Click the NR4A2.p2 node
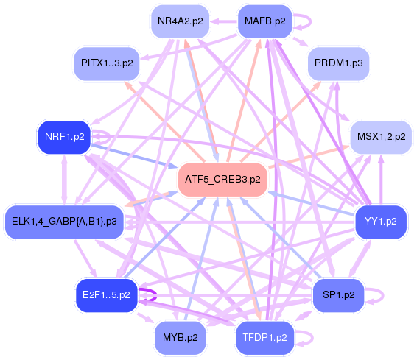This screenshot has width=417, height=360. pyautogui.click(x=180, y=21)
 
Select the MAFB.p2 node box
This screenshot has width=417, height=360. pyautogui.click(x=264, y=21)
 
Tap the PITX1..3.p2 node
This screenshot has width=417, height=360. pyautogui.click(x=104, y=63)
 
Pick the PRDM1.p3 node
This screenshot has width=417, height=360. pyautogui.click(x=338, y=63)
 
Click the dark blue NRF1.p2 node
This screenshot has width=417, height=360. pyautogui.click(x=64, y=137)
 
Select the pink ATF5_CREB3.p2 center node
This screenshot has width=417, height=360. pyautogui.click(x=222, y=179)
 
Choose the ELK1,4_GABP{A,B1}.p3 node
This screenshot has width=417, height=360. pyautogui.click(x=64, y=220)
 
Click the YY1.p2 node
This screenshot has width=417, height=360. pyautogui.click(x=380, y=220)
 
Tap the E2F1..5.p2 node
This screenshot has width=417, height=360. pyautogui.click(x=106, y=295)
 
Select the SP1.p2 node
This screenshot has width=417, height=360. pyautogui.click(x=338, y=295)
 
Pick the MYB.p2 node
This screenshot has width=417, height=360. pyautogui.click(x=180, y=338)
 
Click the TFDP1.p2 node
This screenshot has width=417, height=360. pyautogui.click(x=264, y=338)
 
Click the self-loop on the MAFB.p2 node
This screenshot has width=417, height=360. pyautogui.click(x=301, y=21)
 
